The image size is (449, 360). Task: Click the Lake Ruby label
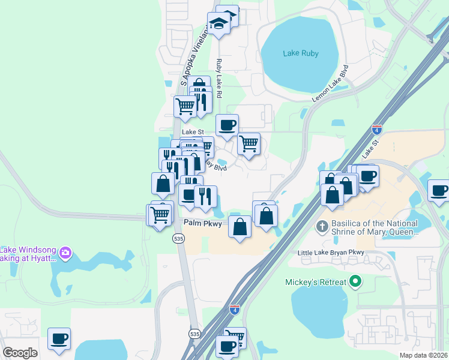point(301,53)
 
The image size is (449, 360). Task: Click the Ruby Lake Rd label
point(219,79)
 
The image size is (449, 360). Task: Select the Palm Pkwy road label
point(203,223)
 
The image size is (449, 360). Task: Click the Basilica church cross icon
point(322,227)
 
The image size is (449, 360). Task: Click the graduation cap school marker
point(219,24)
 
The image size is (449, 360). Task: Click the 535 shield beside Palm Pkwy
point(178,238)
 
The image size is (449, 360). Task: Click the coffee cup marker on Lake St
point(227,125)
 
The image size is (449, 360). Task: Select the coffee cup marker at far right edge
point(439,191)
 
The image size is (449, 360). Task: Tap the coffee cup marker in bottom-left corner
point(59,339)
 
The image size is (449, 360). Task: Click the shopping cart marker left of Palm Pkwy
point(160,214)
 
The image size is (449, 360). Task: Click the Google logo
point(20,353)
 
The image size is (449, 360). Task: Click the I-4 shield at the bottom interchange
point(234,309)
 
